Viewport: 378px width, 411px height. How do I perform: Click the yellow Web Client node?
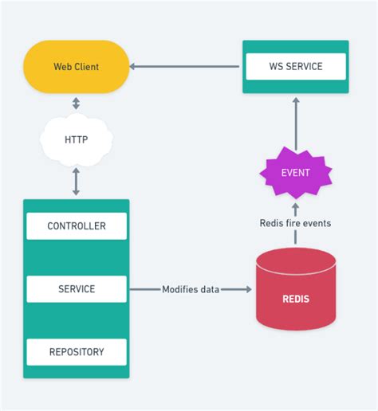click(76, 67)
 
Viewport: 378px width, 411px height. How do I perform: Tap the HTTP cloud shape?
click(76, 140)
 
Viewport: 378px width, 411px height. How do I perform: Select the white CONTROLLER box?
click(77, 226)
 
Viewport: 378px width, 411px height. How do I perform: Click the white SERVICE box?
click(77, 289)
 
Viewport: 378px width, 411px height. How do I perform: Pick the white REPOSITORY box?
click(77, 351)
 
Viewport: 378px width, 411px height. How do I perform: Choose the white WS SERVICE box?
click(295, 67)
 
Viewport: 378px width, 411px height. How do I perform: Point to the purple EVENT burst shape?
click(296, 173)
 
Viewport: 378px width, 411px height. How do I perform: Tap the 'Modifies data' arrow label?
click(191, 289)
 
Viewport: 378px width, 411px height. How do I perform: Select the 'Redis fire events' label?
click(296, 223)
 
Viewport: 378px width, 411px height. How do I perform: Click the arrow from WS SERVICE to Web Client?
click(185, 67)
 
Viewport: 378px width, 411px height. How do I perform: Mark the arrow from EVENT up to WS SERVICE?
click(296, 123)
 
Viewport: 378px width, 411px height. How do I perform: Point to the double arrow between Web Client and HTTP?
click(76, 104)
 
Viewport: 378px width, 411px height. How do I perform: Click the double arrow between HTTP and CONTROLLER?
click(76, 182)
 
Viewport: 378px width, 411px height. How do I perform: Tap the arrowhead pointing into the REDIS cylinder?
click(246, 289)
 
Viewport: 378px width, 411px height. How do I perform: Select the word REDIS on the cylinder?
click(296, 299)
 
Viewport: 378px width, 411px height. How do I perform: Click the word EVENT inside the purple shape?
click(296, 173)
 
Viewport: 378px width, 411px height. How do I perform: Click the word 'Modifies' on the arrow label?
click(179, 289)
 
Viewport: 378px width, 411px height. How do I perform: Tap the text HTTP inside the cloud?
click(76, 140)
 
